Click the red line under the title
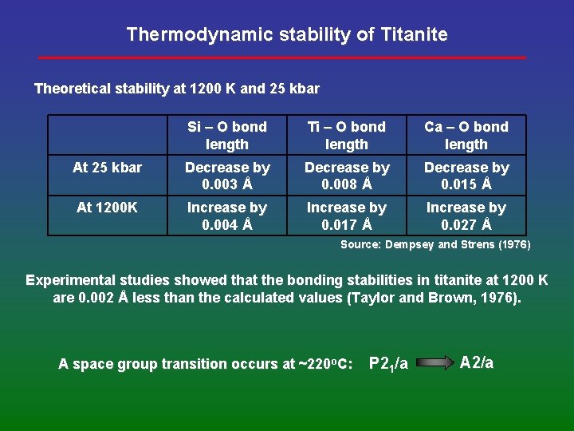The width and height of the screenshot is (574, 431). pos(283,57)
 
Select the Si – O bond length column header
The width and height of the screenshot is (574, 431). pos(227,136)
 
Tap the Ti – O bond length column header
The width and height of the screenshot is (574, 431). pos(347,136)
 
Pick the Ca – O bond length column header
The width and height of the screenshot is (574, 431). pos(466,136)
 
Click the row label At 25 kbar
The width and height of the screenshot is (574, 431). pos(107,168)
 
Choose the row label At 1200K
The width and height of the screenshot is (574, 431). pos(107,208)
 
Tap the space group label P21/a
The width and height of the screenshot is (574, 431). pos(388,364)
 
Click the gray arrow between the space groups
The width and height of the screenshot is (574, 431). pos(434,363)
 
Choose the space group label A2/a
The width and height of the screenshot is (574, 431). pos(477,362)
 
